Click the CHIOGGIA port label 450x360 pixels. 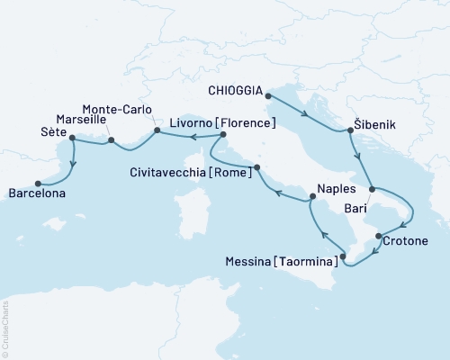click(x=236, y=91)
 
